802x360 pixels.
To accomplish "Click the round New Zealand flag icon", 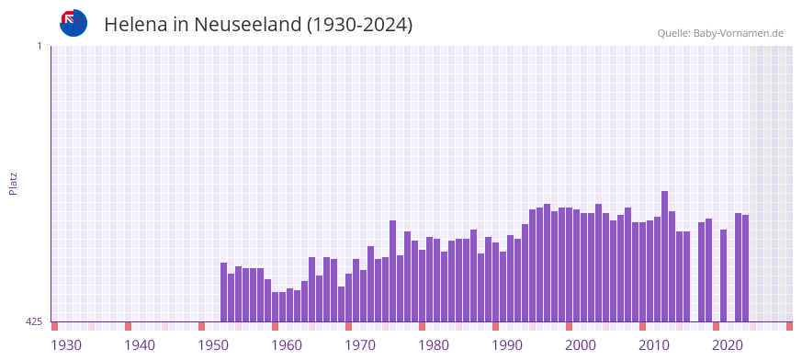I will (x=73, y=23).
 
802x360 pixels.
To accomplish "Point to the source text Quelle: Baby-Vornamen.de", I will (x=720, y=33).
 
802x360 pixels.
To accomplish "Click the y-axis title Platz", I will (x=13, y=183).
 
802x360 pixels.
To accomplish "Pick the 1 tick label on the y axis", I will (x=39, y=46).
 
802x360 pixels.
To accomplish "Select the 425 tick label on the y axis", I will (x=34, y=321).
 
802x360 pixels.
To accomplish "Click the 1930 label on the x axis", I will (x=66, y=345).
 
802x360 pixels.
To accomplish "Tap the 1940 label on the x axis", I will (x=140, y=345).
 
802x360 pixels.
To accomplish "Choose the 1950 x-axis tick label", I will (x=213, y=345).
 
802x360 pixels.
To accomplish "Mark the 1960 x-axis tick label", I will (x=287, y=345).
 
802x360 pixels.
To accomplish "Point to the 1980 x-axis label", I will (x=434, y=345).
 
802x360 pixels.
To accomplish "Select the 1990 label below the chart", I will (x=507, y=345).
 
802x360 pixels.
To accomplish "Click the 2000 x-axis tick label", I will (x=581, y=345).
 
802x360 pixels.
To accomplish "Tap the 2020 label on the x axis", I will (x=728, y=345).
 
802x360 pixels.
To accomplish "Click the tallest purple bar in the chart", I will (x=664, y=256).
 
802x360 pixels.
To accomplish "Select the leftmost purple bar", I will (x=223, y=292).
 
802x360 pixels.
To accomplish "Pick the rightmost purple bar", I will (x=745, y=268).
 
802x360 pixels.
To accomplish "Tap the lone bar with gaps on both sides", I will (x=723, y=276).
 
